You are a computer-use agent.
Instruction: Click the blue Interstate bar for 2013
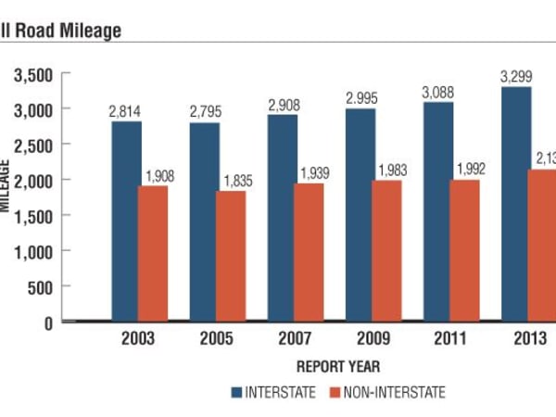tap(517, 204)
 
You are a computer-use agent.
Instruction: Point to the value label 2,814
tap(126, 112)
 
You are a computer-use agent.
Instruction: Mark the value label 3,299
tap(516, 78)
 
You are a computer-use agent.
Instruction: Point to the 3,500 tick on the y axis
tap(33, 73)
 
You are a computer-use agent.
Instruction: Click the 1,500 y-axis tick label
tap(33, 215)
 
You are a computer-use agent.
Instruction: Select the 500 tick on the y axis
tap(42, 286)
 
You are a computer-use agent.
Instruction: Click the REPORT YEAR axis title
tap(338, 366)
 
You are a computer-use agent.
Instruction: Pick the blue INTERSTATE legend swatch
tap(238, 392)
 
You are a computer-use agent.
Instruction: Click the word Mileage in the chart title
tap(89, 30)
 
